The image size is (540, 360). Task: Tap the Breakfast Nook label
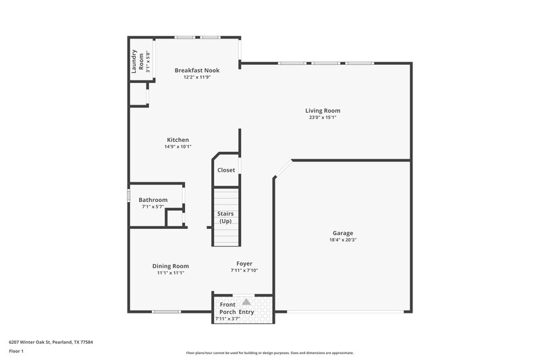point(197,70)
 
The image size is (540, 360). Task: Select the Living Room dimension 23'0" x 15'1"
point(323,118)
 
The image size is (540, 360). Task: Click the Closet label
point(226,170)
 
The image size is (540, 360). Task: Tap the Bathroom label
point(153,200)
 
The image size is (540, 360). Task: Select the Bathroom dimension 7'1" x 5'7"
point(153,207)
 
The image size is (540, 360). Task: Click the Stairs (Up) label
point(225,217)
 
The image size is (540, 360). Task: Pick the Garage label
point(342,232)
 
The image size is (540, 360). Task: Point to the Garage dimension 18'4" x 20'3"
point(342,239)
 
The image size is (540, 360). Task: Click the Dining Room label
point(170,266)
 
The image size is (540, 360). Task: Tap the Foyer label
point(244,263)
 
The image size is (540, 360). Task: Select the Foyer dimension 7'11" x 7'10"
point(244,270)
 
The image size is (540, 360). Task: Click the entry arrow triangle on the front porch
point(246,302)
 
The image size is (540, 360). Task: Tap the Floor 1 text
point(17,352)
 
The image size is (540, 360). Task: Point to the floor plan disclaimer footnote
point(269,353)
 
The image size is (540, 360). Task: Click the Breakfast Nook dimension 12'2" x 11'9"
point(197,77)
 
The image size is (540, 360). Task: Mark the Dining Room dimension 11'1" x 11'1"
point(170,273)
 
